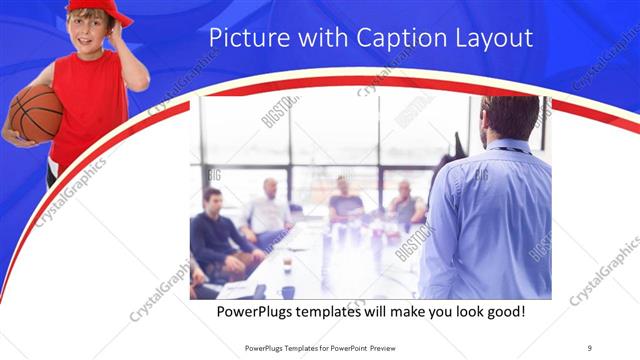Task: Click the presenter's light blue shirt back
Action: [x=490, y=220]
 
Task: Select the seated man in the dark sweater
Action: [x=214, y=235]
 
